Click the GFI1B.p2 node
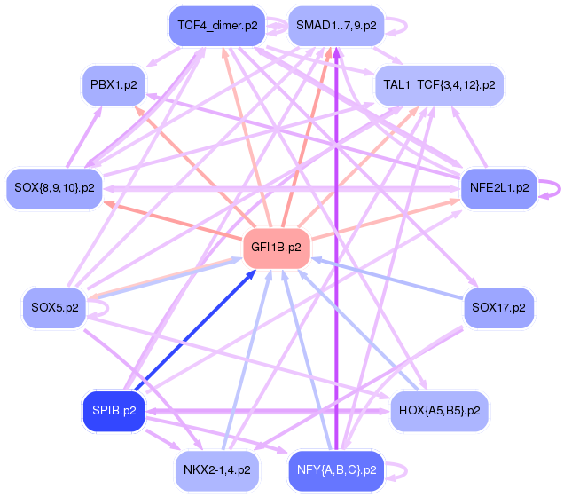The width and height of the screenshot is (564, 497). point(277,248)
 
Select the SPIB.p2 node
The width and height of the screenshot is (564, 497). point(114,411)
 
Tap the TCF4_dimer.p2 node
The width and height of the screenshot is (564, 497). point(217,26)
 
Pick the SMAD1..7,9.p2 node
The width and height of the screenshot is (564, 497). point(336,26)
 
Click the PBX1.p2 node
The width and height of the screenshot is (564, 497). point(114,85)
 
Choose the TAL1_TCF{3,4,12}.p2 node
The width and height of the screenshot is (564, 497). point(439,85)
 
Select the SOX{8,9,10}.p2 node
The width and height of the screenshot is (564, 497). point(54,188)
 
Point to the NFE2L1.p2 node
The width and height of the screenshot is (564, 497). point(499,188)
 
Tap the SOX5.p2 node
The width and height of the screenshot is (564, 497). point(55,308)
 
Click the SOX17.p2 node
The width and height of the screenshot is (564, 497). point(498,308)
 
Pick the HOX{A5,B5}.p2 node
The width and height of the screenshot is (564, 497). point(439,411)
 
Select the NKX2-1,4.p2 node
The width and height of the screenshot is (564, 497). point(217,470)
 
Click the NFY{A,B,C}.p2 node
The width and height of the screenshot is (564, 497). point(336,470)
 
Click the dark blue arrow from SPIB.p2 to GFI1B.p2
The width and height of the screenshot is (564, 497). point(195,330)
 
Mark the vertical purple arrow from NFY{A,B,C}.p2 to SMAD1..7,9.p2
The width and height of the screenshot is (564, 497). point(336,248)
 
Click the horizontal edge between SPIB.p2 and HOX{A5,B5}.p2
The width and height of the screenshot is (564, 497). point(268,411)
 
